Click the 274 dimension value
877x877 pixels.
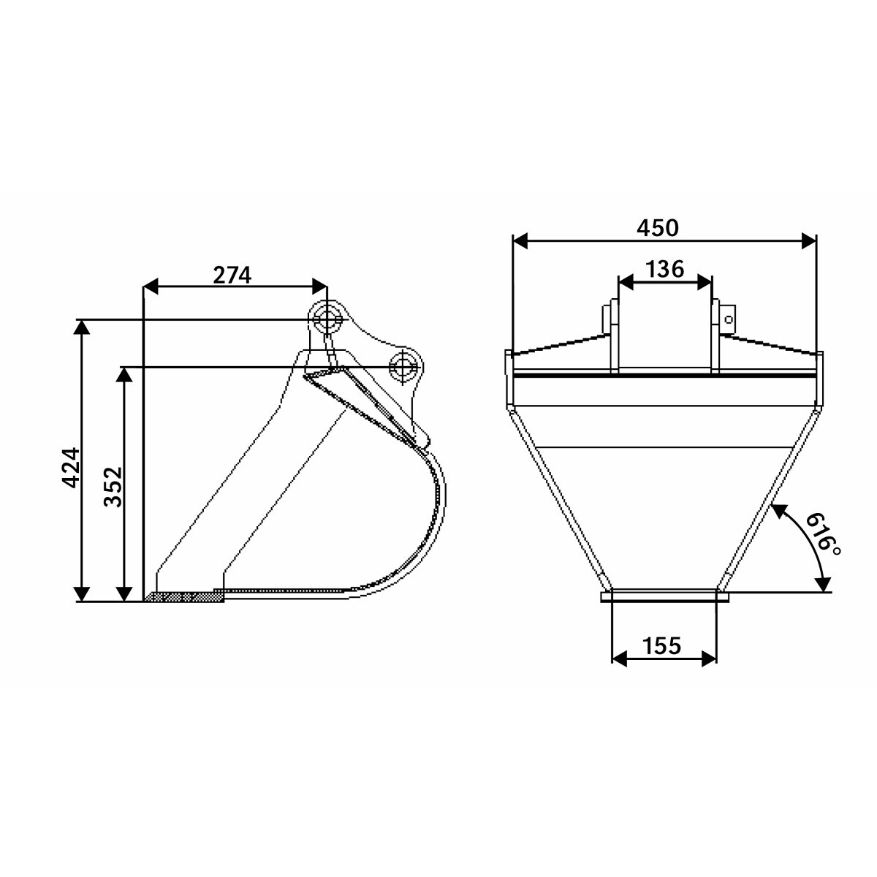click(x=232, y=275)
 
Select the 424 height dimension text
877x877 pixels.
click(x=71, y=468)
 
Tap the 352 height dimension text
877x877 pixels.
click(x=113, y=487)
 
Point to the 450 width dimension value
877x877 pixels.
click(x=658, y=227)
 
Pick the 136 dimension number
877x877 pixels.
click(x=665, y=269)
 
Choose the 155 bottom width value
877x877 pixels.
click(x=661, y=645)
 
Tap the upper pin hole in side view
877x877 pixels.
click(x=326, y=320)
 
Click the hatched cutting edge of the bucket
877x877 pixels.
click(x=184, y=596)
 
